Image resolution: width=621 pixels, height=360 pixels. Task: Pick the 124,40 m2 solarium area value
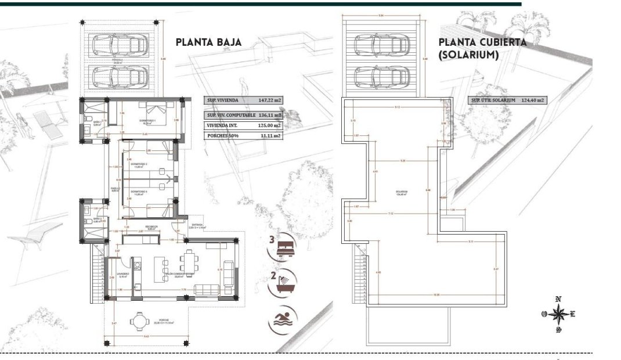(532, 100)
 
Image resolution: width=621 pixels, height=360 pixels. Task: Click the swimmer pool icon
(281, 318)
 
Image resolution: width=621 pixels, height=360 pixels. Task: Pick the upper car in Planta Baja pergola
(120, 44)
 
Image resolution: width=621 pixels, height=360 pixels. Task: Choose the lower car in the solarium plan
(378, 76)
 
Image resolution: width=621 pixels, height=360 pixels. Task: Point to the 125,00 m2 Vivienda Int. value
(269, 124)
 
